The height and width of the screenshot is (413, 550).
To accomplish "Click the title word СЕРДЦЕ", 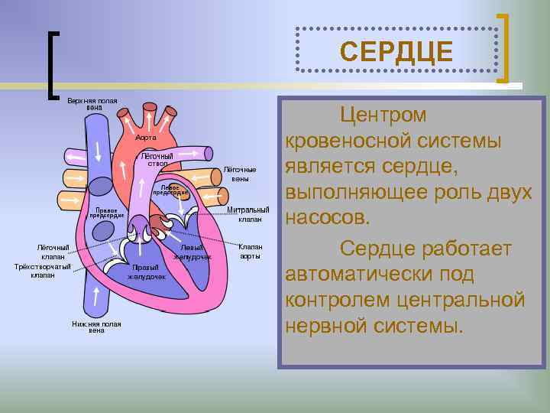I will pyautogui.click(x=396, y=52).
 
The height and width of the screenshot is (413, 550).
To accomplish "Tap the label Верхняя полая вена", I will pyautogui.click(x=92, y=104).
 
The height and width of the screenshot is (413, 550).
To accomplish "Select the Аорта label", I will pyautogui.click(x=146, y=138).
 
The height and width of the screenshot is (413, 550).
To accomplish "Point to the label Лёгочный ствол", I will pyautogui.click(x=158, y=160).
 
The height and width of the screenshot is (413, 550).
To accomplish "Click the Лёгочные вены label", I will pyautogui.click(x=240, y=174).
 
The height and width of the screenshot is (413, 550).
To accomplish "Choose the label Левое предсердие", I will pyautogui.click(x=167, y=190).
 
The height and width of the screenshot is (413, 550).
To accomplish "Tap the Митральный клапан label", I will pyautogui.click(x=249, y=214).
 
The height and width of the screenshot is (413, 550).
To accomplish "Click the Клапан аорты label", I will pyautogui.click(x=250, y=252).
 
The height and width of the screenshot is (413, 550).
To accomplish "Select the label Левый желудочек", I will pyautogui.click(x=192, y=252).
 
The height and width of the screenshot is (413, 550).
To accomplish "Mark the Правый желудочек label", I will pyautogui.click(x=146, y=272).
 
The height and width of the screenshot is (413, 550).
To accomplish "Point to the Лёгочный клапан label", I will pyautogui.click(x=53, y=252).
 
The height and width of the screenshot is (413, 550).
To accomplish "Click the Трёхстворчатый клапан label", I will pyautogui.click(x=43, y=271).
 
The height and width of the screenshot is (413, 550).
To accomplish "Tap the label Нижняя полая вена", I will pyautogui.click(x=96, y=327).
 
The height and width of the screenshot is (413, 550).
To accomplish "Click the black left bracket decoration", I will pyautogui.click(x=52, y=65).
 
